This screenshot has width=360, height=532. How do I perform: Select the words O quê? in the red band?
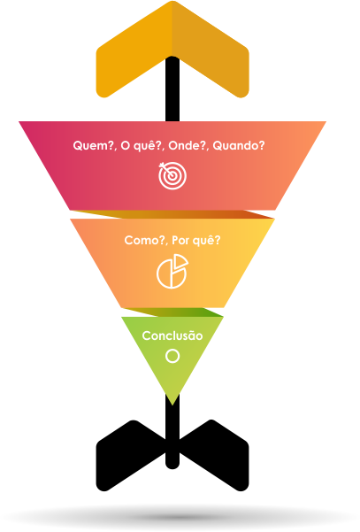(142, 146)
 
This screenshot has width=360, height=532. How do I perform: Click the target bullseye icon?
(172, 175)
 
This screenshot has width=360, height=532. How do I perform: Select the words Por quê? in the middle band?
(196, 240)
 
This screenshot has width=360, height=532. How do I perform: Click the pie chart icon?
(172, 272)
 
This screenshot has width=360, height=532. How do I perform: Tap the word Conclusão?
(172, 335)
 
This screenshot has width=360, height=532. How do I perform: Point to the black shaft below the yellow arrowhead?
(172, 89)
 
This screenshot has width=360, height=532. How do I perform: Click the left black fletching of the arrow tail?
(131, 455)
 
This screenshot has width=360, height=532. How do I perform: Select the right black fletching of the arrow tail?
(214, 455)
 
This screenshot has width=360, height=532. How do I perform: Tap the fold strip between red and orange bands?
(172, 214)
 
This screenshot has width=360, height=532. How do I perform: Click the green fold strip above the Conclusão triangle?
(172, 312)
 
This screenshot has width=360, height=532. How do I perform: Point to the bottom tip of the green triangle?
(172, 405)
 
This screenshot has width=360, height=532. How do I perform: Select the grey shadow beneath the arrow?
(180, 517)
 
